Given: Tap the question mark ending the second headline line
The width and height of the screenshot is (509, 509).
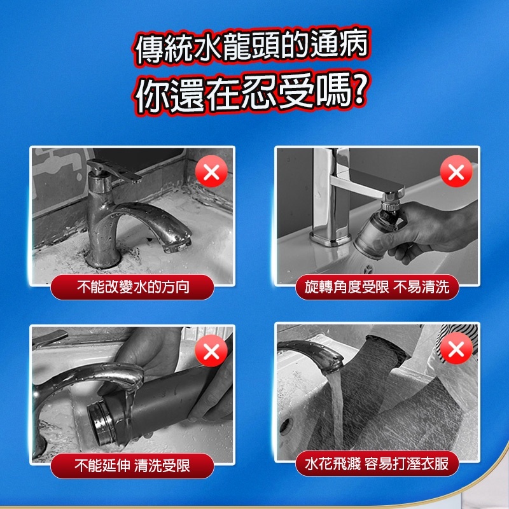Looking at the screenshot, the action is click(x=360, y=90).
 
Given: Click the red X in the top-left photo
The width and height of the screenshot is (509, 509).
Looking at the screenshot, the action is click(x=211, y=171).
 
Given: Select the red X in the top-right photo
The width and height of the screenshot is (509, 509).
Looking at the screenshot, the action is click(x=456, y=171).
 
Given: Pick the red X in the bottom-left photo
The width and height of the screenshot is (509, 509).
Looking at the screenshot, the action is click(x=211, y=351).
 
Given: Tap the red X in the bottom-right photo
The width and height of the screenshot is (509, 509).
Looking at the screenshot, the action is click(x=456, y=348).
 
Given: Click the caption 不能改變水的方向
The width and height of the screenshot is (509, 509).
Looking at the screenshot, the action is click(x=133, y=287).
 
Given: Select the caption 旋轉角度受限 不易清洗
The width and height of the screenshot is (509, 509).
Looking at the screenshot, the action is click(x=377, y=287).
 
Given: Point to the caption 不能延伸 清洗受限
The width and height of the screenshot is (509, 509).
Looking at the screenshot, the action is click(x=132, y=466).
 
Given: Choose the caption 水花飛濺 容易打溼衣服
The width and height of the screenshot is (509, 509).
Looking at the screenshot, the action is click(x=377, y=464).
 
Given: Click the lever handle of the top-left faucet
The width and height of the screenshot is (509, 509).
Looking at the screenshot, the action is click(x=114, y=170).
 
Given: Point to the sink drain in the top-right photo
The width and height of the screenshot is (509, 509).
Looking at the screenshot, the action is click(x=368, y=269).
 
